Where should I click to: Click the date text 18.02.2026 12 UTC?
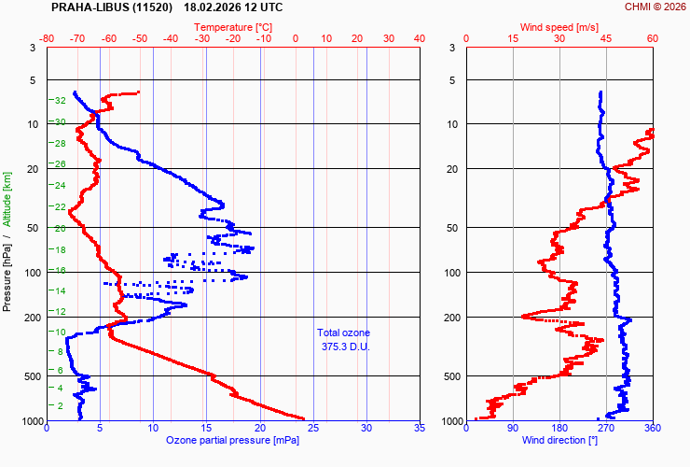tap(234, 7)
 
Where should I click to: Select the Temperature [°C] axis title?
tap(234, 27)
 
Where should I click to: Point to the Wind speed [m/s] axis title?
tap(559, 27)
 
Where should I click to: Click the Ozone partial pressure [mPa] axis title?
tap(233, 440)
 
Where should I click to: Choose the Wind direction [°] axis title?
tap(559, 440)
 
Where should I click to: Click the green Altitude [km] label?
tap(7, 198)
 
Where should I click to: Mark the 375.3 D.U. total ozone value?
tap(344, 347)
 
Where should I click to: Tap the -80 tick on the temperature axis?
tap(48, 38)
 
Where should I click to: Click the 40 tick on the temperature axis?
tap(419, 38)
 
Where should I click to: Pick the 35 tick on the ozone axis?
tap(419, 429)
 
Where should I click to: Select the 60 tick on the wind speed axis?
tap(652, 38)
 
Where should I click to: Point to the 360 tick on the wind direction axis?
tap(652, 429)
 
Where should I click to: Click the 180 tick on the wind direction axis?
tap(559, 429)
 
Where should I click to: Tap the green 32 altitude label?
tap(59, 100)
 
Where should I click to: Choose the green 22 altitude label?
tap(59, 206)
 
